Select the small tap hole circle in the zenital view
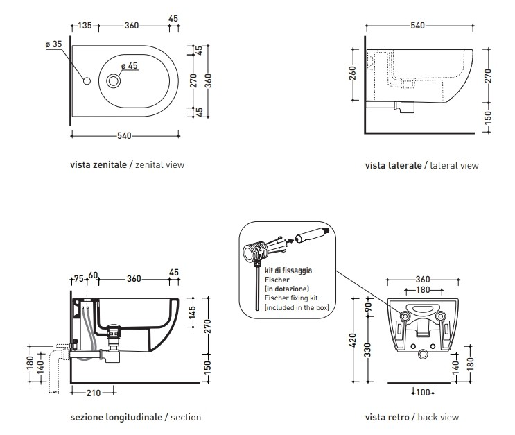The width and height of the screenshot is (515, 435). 87,81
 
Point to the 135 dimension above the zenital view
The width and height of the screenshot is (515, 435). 84,26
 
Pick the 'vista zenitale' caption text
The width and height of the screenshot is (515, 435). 98,165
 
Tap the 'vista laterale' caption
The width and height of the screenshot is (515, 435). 393,166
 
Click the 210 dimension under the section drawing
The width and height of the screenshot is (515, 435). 93,393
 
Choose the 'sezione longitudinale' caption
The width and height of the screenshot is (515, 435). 116,417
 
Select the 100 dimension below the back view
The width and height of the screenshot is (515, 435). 423,393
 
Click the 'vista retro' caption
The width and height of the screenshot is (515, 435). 387,417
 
